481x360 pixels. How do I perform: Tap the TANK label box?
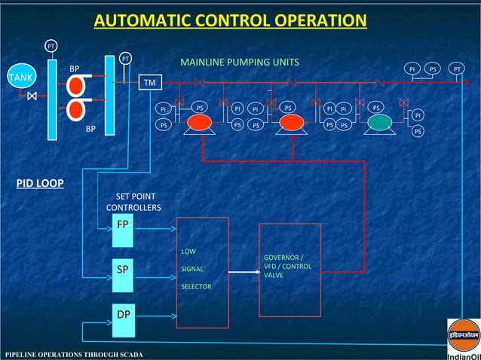(21, 78)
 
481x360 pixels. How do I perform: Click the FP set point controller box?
(122, 225)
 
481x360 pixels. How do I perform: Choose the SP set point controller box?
(122, 268)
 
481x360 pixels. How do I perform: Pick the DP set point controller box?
(122, 312)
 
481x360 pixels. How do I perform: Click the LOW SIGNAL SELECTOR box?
(202, 272)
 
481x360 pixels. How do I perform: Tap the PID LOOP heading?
(40, 183)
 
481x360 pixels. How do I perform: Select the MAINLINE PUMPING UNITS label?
(240, 62)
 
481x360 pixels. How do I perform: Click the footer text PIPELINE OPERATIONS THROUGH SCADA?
(74, 354)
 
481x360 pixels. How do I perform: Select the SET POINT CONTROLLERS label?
(133, 202)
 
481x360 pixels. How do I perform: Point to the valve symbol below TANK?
(32, 96)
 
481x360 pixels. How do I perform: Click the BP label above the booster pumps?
(75, 69)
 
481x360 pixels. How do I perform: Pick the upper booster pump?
(75, 86)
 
